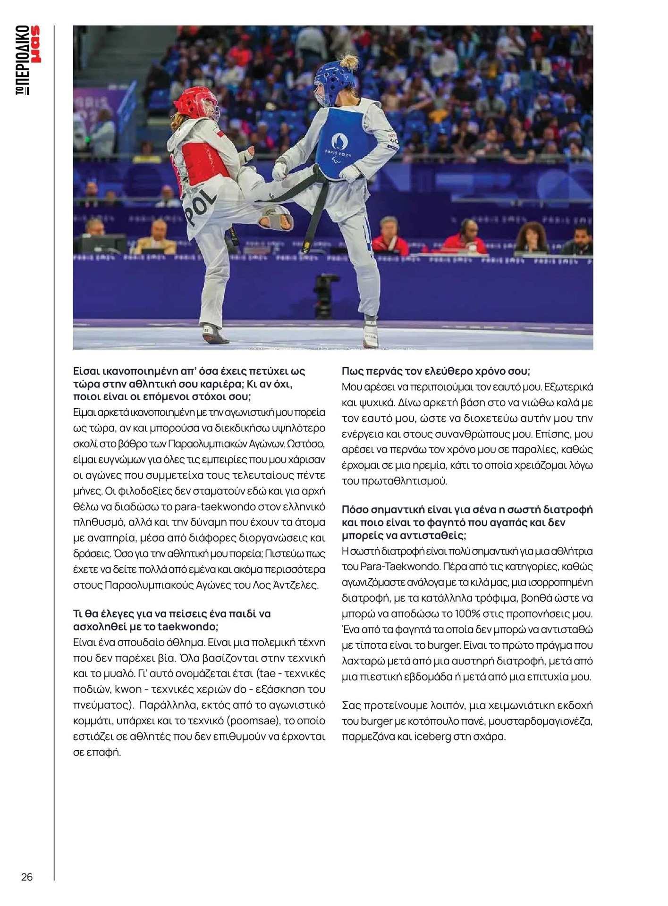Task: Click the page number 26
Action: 27,877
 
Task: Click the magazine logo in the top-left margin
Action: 28,60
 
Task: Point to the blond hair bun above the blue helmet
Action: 349,61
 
